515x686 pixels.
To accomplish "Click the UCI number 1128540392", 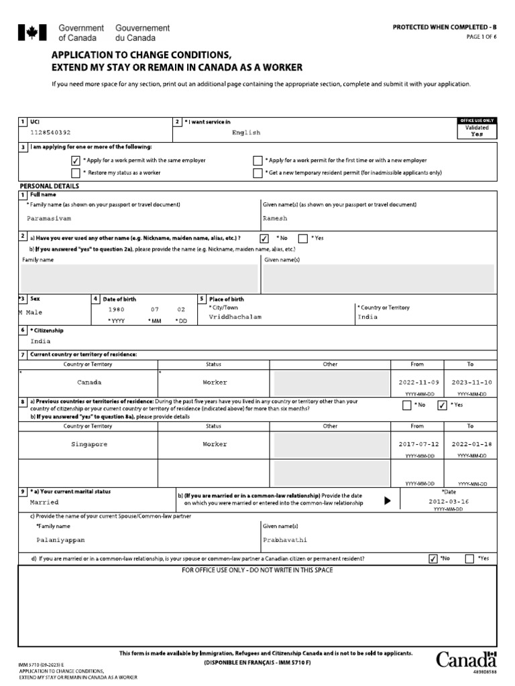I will point(50,133).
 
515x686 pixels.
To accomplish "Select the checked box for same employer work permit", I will point(75,161).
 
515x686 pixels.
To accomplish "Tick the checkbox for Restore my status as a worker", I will point(75,173).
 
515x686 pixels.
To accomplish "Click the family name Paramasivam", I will point(49,218).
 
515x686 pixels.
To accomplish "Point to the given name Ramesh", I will point(275,218).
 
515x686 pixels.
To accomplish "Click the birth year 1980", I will point(117,310).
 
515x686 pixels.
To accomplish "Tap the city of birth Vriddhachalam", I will point(235,316).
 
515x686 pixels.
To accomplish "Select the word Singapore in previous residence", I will point(89,444).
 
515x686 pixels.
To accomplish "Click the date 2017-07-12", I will point(420,444).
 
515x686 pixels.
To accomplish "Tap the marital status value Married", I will point(44,502).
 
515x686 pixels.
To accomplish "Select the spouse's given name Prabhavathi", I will point(288,539).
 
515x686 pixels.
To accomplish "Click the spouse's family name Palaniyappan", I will point(61,539).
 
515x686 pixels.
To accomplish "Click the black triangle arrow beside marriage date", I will point(387,500).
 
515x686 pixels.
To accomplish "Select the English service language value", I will point(246,133).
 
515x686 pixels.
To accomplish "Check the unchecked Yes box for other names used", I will point(303,238).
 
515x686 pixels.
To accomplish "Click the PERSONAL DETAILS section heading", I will point(49,186).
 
